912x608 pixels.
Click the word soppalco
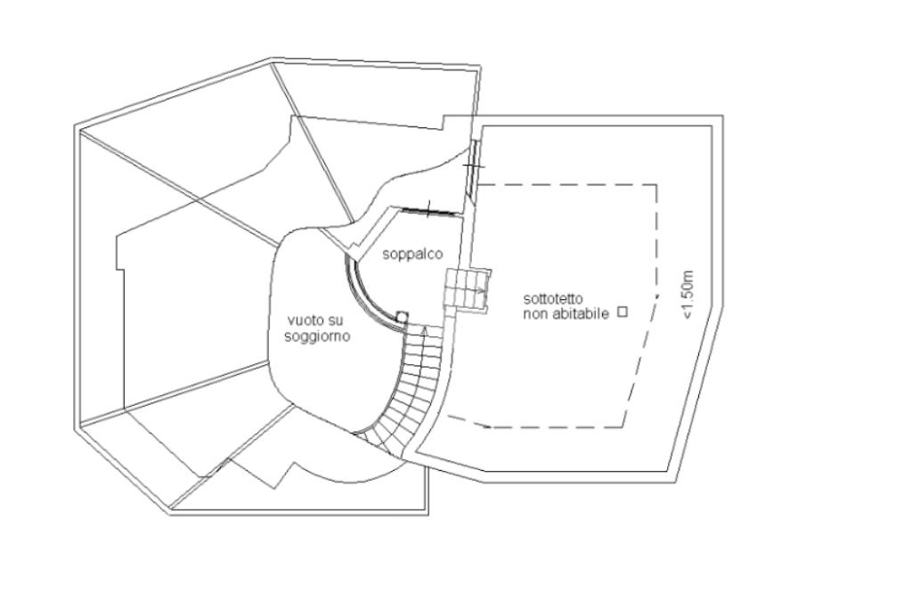[x=412, y=255]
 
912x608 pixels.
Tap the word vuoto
[x=302, y=320]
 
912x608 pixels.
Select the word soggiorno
[x=317, y=336]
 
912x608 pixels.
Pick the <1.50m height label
[x=692, y=294]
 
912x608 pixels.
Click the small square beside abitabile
[x=623, y=312]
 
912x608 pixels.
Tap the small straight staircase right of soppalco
[x=468, y=290]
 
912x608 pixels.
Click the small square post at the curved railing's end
[x=402, y=315]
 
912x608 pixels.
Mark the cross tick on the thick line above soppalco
[x=428, y=210]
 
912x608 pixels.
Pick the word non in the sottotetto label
[x=534, y=313]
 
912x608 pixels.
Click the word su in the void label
[x=334, y=320]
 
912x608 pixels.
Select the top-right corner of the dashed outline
[x=657, y=185]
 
